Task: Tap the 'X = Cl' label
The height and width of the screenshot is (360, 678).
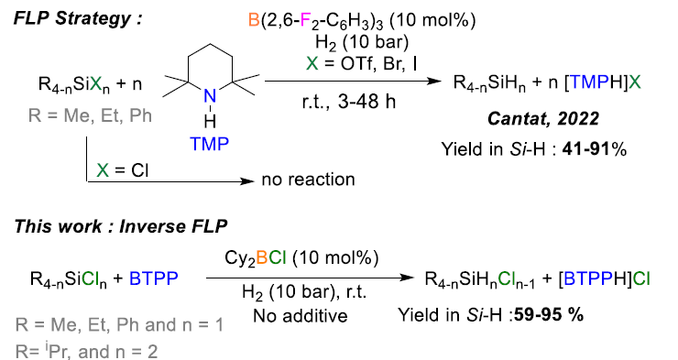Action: (x=123, y=169)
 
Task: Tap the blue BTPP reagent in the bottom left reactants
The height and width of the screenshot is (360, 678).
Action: (x=163, y=274)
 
